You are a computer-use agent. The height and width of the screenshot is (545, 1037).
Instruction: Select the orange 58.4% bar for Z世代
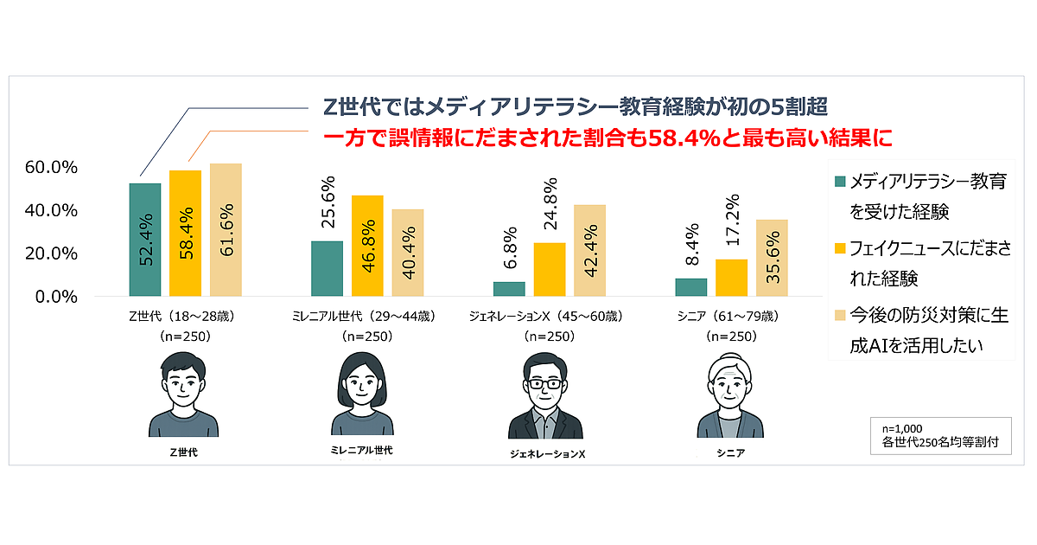(185, 234)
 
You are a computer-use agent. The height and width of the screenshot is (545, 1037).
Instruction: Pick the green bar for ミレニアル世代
(327, 268)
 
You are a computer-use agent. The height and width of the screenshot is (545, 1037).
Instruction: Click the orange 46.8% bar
(367, 246)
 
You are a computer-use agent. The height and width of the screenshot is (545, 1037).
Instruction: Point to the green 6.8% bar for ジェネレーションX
(509, 289)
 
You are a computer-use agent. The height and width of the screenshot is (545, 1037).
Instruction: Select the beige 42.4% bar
(589, 251)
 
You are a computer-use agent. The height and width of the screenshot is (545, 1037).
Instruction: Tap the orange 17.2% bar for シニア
(731, 278)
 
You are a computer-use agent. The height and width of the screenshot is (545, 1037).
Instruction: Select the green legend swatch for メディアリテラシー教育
(839, 182)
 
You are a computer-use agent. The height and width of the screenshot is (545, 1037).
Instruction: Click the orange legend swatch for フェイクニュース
(839, 249)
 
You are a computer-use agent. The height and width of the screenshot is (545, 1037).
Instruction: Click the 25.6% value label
(327, 204)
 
